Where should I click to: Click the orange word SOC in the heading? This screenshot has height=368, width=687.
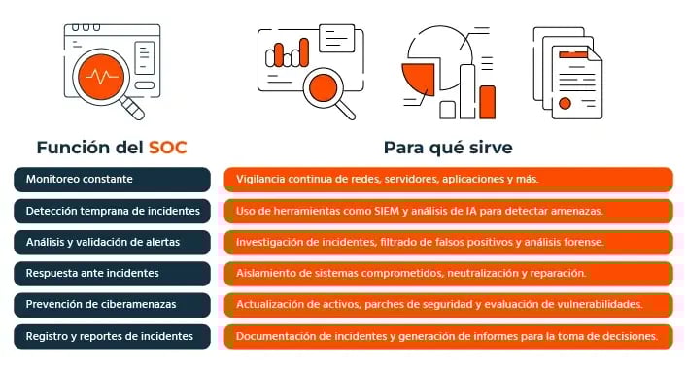[x=167, y=149]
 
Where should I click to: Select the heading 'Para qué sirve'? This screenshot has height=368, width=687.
[x=448, y=149]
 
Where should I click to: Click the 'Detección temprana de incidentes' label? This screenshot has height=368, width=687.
[x=112, y=211]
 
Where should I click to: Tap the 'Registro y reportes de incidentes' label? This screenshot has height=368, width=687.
[x=112, y=336]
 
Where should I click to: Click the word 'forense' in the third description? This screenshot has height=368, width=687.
[x=584, y=242]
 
